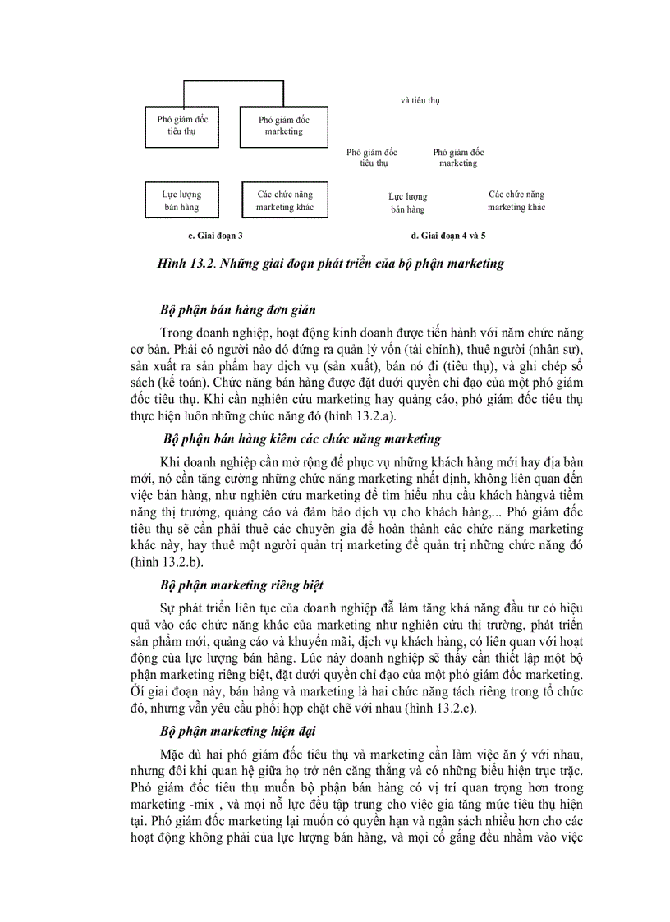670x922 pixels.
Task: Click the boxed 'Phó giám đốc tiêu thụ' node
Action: coord(182,126)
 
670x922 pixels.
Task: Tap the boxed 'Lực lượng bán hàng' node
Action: coord(182,201)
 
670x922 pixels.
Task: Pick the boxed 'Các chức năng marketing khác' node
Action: coord(285,201)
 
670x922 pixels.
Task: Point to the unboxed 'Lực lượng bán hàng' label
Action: coord(408,203)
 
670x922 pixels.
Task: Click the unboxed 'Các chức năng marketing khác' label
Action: coord(516,201)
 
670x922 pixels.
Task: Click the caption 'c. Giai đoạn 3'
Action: coord(215,236)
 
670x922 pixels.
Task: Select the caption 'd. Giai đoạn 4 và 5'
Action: coord(448,236)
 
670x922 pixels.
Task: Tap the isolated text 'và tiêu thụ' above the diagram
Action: coord(420,100)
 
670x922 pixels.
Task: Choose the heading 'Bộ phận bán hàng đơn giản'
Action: coord(238,310)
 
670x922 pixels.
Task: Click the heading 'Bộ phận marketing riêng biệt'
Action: coord(241,585)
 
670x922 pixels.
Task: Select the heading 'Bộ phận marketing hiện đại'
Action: coord(238,731)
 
